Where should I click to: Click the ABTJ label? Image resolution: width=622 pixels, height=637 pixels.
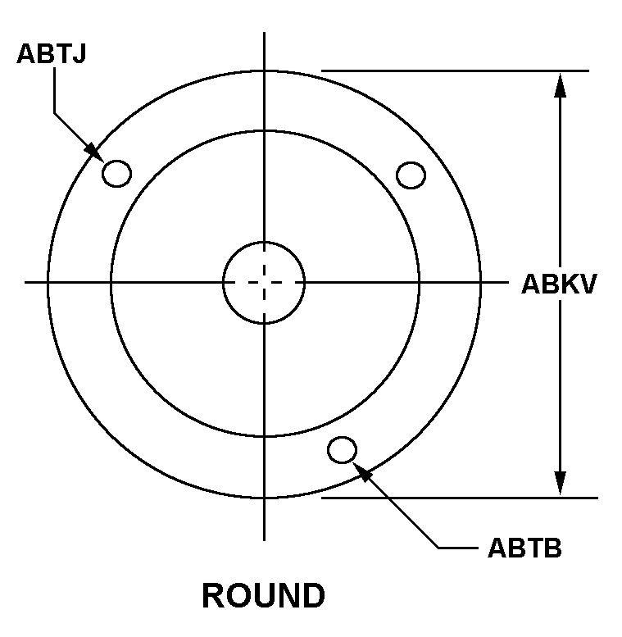[x=51, y=53]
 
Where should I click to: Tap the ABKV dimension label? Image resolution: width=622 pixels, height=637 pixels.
[x=559, y=284]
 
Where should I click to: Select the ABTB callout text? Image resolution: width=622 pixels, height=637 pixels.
[x=524, y=548]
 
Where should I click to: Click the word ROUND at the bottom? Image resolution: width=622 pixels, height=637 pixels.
[x=264, y=595]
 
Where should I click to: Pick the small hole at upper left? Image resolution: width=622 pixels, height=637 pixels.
[x=117, y=174]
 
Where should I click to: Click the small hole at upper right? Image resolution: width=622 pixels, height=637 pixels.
[x=411, y=175]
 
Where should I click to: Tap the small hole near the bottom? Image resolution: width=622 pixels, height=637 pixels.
[x=343, y=450]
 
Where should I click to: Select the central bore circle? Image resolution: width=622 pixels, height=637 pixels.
[x=264, y=242]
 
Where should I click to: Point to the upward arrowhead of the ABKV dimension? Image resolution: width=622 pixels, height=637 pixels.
[x=561, y=85]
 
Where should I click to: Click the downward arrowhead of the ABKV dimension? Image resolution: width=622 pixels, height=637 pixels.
[x=561, y=484]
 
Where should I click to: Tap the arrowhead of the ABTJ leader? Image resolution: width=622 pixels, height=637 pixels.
[x=94, y=152]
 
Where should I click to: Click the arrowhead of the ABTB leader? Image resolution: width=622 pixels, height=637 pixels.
[x=362, y=471]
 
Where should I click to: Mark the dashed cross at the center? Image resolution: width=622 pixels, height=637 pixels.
[x=265, y=282]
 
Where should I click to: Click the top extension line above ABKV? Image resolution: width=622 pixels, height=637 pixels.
[x=455, y=71]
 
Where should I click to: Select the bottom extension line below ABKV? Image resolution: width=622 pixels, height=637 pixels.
[x=460, y=498]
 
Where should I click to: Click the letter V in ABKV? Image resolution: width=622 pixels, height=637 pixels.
[x=587, y=284]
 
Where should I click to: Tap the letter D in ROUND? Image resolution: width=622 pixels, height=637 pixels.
[x=313, y=595]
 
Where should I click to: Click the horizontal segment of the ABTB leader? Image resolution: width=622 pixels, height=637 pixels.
[x=458, y=548]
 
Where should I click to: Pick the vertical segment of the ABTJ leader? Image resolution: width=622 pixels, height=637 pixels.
[x=54, y=90]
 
